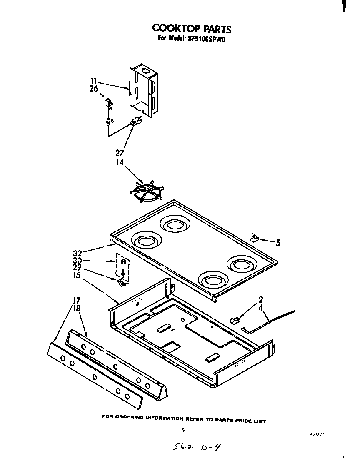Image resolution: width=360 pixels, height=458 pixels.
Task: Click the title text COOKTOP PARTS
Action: click(191, 28)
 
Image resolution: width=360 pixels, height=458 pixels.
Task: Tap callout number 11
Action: click(94, 82)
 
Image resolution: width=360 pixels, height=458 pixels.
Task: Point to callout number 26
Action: click(93, 88)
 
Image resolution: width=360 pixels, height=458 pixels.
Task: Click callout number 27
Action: click(120, 152)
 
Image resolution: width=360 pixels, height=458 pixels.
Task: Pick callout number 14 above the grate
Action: click(120, 162)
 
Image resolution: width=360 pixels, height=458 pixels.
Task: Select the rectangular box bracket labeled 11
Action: click(145, 90)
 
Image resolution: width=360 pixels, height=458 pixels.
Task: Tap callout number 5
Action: click(277, 243)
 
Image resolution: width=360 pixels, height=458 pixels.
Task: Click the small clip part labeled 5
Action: click(254, 237)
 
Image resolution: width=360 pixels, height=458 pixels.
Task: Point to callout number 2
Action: click(260, 299)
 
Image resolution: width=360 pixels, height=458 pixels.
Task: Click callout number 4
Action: click(260, 309)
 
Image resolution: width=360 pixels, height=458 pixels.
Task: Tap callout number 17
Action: click(77, 300)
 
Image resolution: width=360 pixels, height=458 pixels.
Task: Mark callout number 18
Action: click(77, 309)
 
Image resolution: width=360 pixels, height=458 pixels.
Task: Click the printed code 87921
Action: click(317, 434)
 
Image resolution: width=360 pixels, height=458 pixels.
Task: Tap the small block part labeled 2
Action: click(235, 320)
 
